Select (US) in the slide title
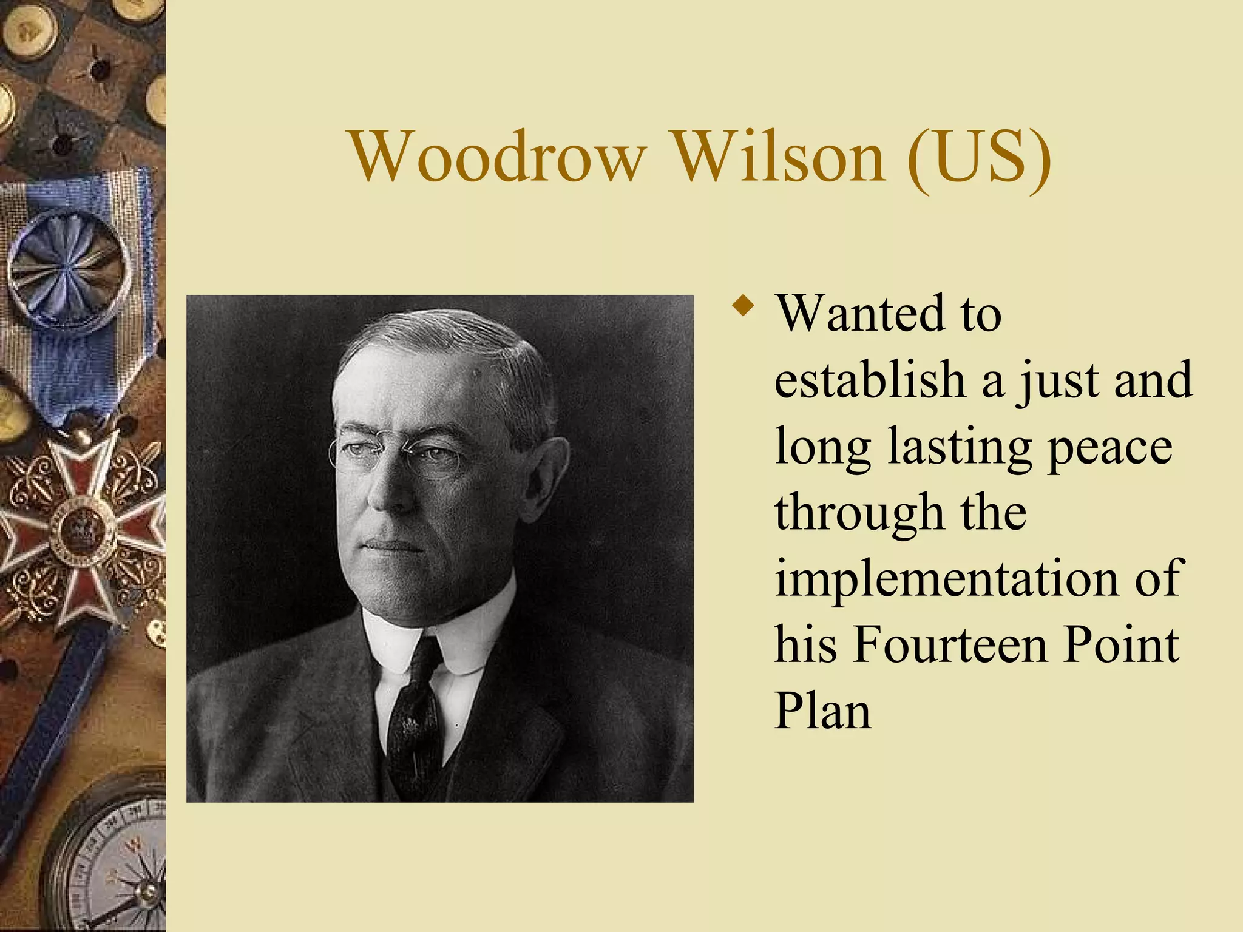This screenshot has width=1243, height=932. click(x=979, y=158)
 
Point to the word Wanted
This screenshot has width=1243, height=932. click(x=860, y=314)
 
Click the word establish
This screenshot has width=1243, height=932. click(x=870, y=380)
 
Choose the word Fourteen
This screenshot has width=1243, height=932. click(x=950, y=644)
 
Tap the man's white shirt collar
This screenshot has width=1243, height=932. click(x=395, y=643)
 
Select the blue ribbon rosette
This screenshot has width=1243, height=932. click(x=68, y=270)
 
